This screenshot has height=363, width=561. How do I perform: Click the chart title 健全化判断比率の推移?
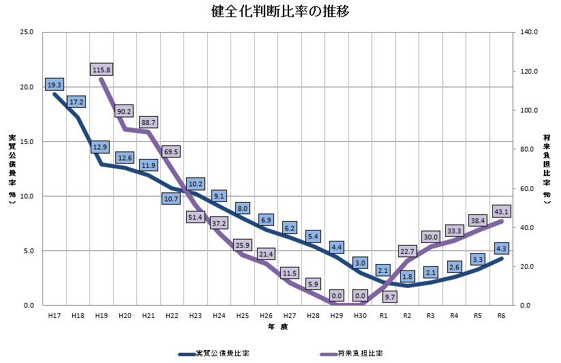point(281,12)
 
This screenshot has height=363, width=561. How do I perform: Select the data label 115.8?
point(101,69)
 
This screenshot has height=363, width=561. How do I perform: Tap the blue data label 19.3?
point(55,85)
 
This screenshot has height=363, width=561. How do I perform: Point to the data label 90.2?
point(125,111)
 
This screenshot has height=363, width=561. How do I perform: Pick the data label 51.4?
point(196,217)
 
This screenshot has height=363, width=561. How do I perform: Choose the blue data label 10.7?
point(172,199)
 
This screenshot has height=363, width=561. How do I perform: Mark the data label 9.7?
point(389,297)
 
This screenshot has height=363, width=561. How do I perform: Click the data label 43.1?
point(501,211)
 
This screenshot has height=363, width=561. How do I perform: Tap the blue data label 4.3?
point(501,248)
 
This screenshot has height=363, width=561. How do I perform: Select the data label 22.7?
point(407,252)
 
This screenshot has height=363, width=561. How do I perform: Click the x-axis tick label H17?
point(54,316)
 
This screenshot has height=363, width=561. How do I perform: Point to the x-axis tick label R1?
point(383,316)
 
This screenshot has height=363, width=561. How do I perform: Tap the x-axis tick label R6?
point(501,316)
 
